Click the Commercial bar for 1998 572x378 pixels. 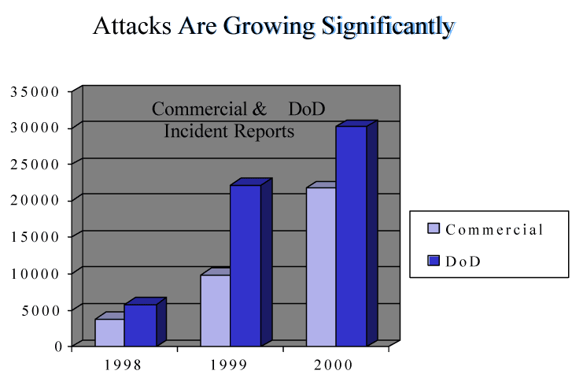tap(109, 332)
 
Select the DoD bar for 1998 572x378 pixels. tap(140, 324)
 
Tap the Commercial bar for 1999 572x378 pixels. tap(215, 309)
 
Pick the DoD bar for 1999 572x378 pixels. tap(245, 265)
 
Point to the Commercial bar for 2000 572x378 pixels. tap(320, 266)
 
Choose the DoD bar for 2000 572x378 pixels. tap(351, 235)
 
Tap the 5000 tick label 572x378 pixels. tap(40, 309)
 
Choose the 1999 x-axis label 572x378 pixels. tap(230, 365)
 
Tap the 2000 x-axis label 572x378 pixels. tap(335, 365)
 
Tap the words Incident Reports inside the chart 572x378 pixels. tap(229, 131)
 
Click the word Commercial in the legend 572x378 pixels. tap(494, 230)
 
